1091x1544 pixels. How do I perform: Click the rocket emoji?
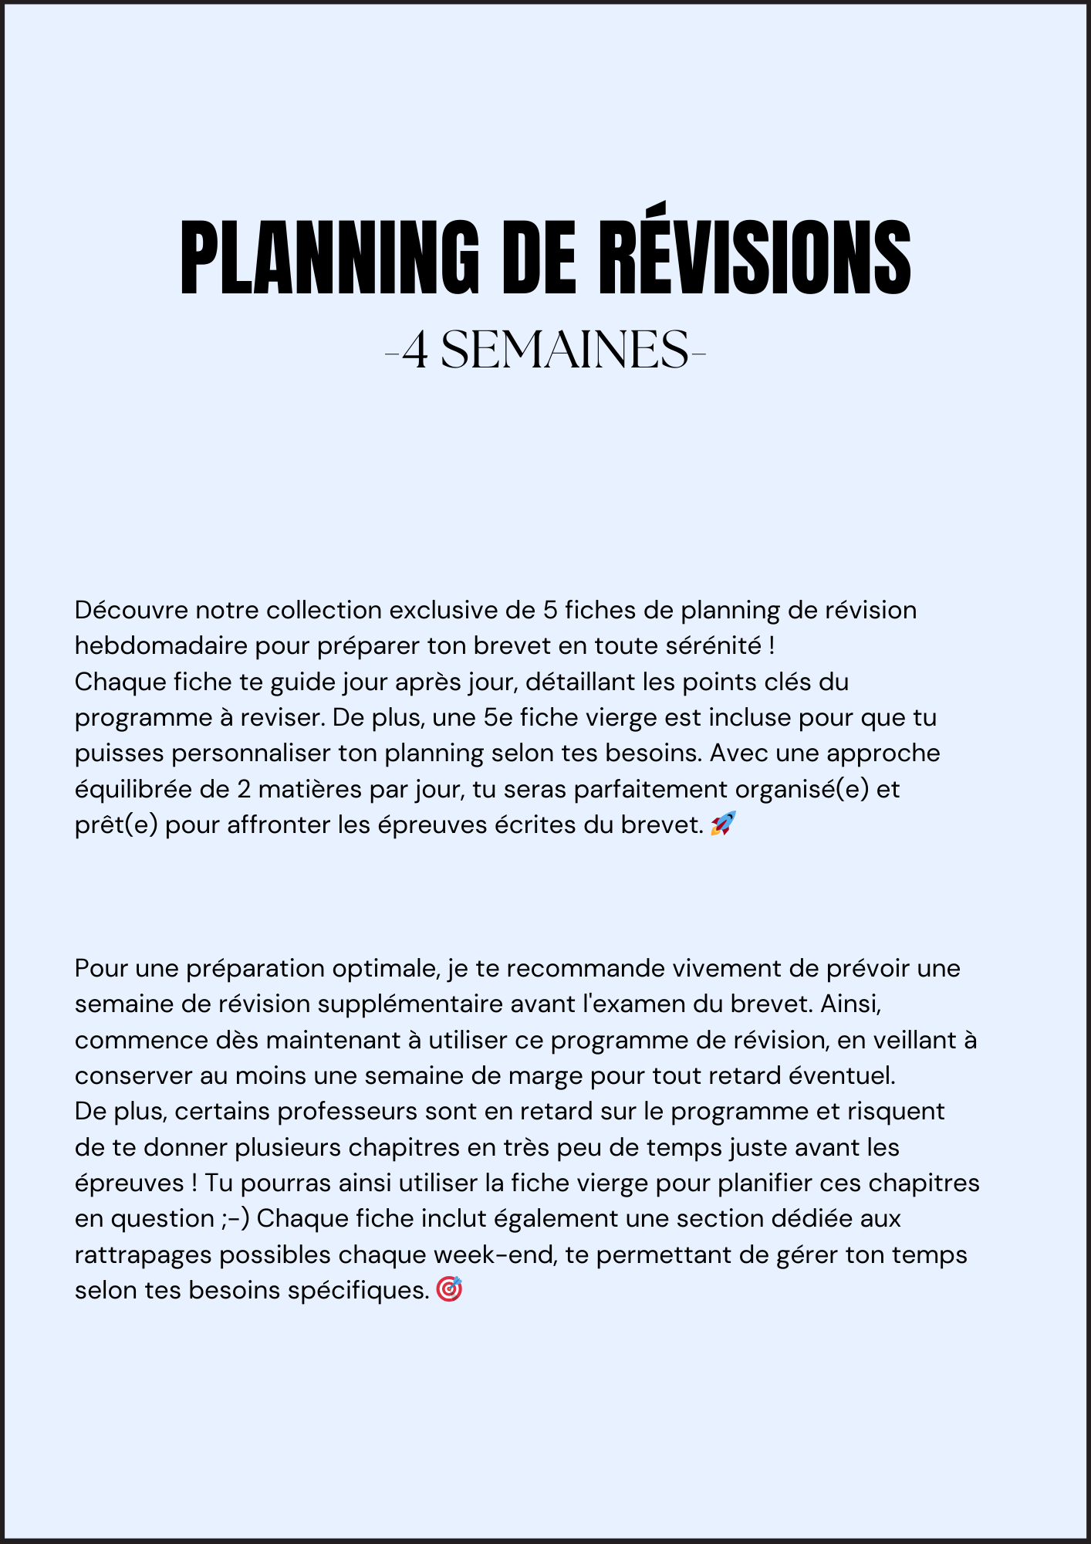(x=723, y=824)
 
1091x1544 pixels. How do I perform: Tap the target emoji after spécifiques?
(x=449, y=1289)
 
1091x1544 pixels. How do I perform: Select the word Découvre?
(x=131, y=610)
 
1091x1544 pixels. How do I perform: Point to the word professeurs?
(x=348, y=1111)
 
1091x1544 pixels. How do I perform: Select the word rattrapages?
(x=144, y=1254)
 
